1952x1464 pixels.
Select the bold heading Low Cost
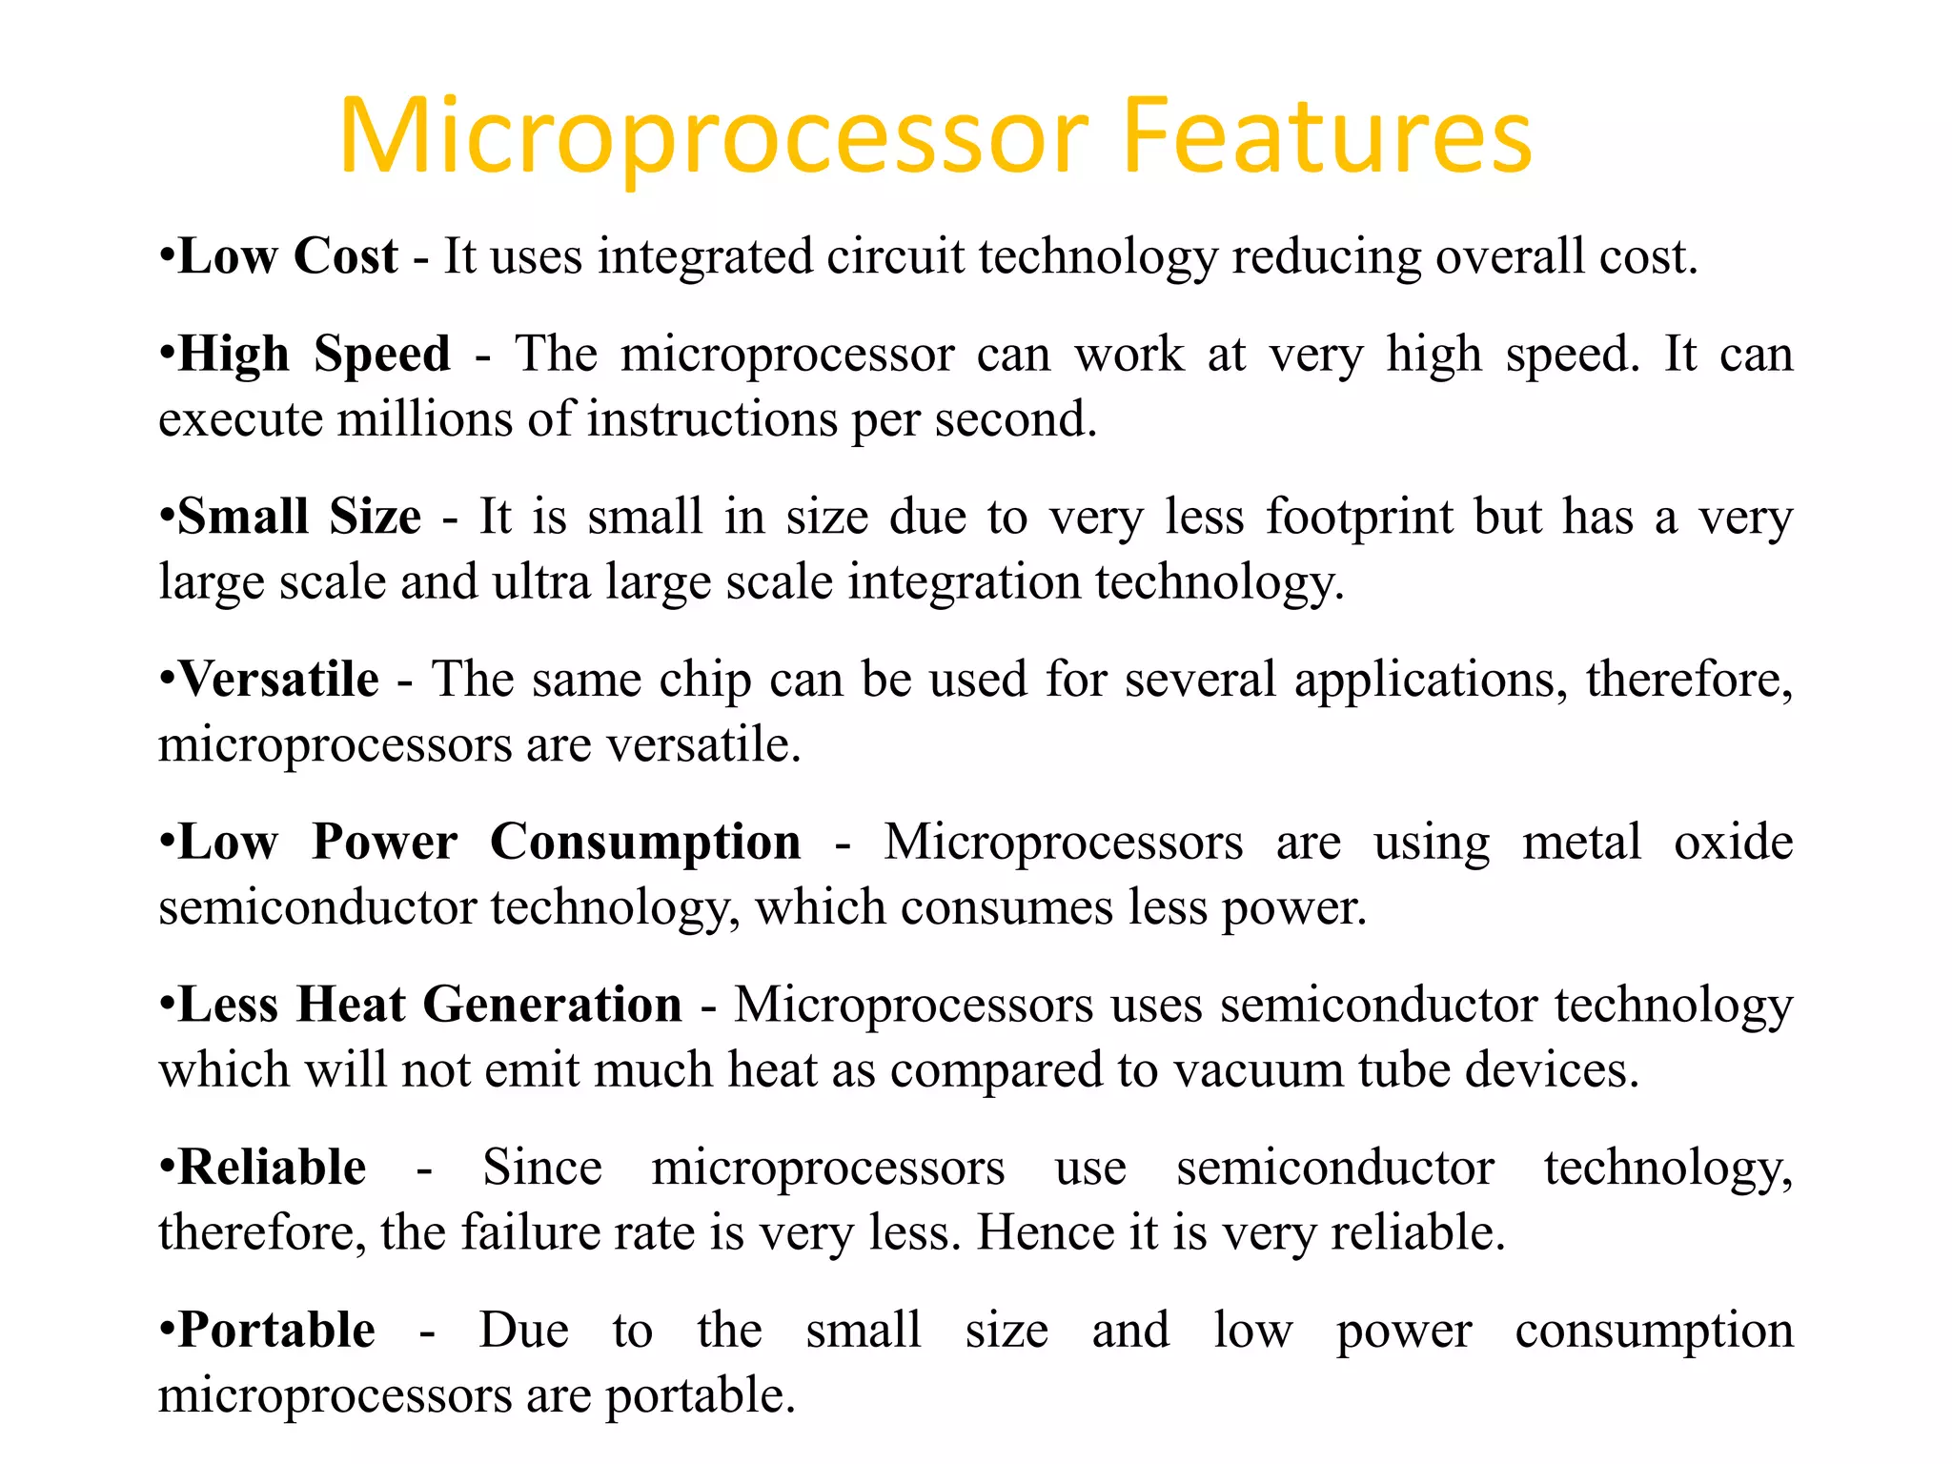[x=288, y=256]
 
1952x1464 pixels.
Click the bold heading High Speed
[x=315, y=355]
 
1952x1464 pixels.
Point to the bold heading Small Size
[x=299, y=518]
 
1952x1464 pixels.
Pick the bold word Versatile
[x=279, y=680]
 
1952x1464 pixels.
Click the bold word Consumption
[x=645, y=843]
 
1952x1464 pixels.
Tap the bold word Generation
[x=553, y=1005]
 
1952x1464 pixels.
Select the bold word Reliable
[x=273, y=1168]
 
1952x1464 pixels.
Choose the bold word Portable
[x=277, y=1331]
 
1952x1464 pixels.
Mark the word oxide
[x=1733, y=843]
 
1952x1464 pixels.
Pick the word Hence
[x=1046, y=1232]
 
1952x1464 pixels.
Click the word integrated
[x=704, y=258]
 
